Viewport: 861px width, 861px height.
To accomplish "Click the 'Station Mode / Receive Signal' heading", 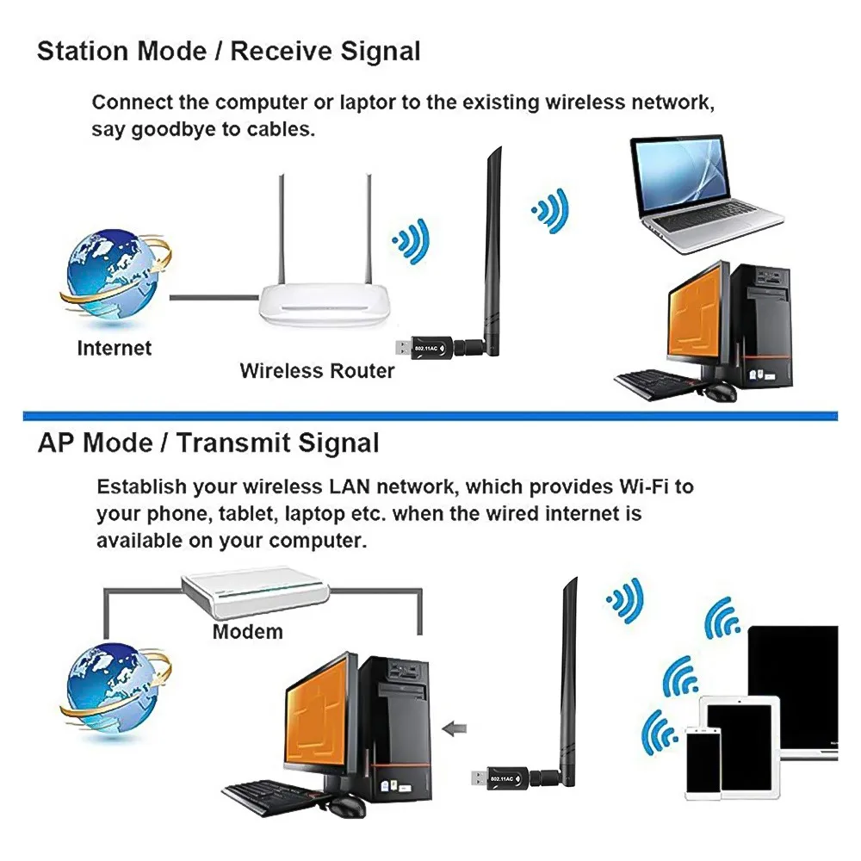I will pyautogui.click(x=228, y=52).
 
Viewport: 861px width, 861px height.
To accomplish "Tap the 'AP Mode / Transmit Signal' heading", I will pyautogui.click(x=208, y=443).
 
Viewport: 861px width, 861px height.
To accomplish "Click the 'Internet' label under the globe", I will pyautogui.click(x=114, y=349).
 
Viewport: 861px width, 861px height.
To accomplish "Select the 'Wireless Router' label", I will pyautogui.click(x=317, y=371).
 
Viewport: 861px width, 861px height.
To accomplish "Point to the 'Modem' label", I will pyautogui.click(x=247, y=631).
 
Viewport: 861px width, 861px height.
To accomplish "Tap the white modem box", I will pyautogui.click(x=256, y=593).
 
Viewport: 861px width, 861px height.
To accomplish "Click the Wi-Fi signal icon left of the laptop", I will pyautogui.click(x=549, y=208).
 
